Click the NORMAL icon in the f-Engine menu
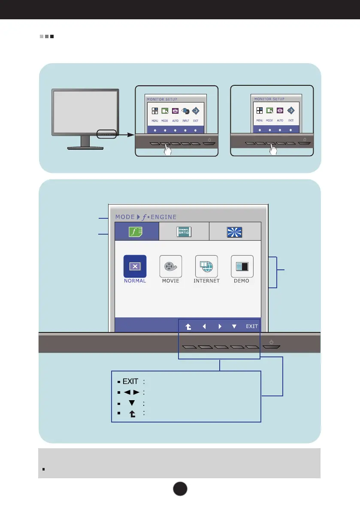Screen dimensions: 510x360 [135, 266]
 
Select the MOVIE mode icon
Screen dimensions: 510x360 [171, 266]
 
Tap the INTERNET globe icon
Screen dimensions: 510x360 [206, 266]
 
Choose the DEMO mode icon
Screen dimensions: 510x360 [242, 266]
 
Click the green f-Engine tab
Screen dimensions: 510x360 [136, 232]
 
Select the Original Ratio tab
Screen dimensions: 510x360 [184, 232]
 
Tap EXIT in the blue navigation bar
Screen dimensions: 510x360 [252, 326]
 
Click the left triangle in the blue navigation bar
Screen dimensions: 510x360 [204, 326]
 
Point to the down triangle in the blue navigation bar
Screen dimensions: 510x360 [234, 326]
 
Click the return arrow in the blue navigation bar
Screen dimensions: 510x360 [188, 326]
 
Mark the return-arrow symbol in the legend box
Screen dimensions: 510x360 [131, 413]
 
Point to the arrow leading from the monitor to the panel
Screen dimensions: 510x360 [124, 134]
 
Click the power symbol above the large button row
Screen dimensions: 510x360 [271, 342]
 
